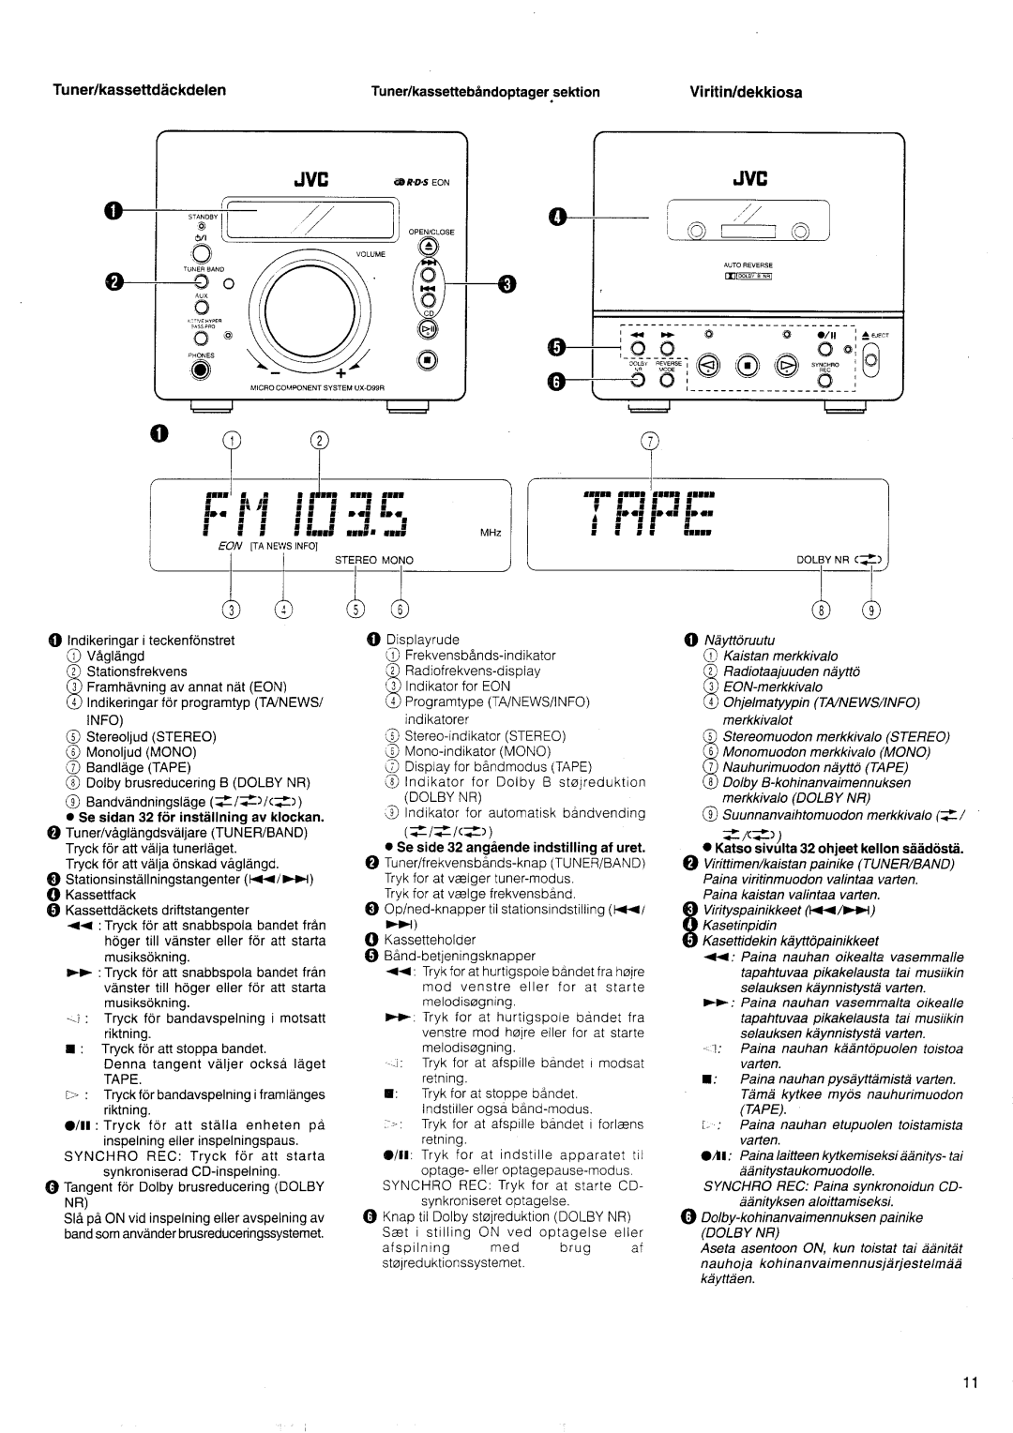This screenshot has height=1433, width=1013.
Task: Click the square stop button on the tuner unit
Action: (427, 359)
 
